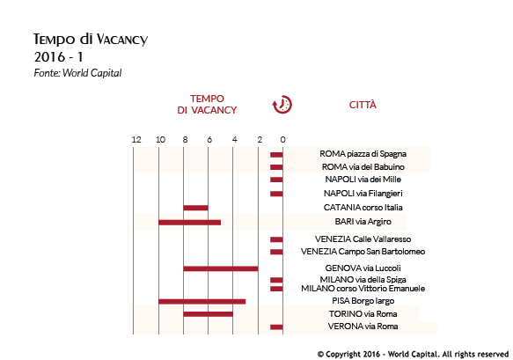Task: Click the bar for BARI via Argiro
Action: click(190, 223)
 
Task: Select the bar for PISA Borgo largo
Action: click(202, 301)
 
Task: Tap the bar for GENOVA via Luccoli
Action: click(221, 268)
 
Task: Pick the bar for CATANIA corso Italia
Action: click(196, 208)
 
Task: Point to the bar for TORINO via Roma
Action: click(209, 314)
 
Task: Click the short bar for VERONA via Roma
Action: click(276, 327)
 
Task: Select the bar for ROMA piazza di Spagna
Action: click(276, 155)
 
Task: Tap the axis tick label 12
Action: click(136, 140)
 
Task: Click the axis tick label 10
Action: click(160, 140)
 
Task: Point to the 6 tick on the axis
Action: click(209, 140)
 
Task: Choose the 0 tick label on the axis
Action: click(283, 140)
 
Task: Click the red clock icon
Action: click(282, 105)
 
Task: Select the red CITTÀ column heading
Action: click(363, 105)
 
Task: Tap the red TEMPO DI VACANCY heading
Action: click(207, 105)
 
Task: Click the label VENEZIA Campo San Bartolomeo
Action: click(363, 252)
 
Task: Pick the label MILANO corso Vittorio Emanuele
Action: click(363, 289)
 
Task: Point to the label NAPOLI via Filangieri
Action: click(363, 194)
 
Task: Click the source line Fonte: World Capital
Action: click(77, 73)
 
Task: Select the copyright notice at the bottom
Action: click(413, 354)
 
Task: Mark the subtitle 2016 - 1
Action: click(59, 57)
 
